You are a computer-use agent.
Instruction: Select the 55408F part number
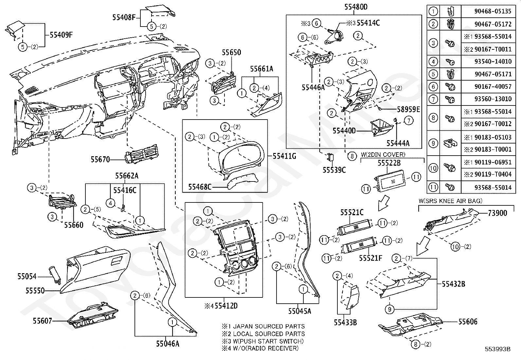pyautogui.click(x=124, y=17)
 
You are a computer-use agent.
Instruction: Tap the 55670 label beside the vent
pyautogui.click(x=100, y=160)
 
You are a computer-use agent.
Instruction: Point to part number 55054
pyautogui.click(x=27, y=276)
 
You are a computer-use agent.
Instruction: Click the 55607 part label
pyautogui.click(x=42, y=321)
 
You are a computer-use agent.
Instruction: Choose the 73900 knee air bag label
pyautogui.click(x=497, y=213)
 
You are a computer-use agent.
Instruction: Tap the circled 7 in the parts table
pyautogui.click(x=433, y=99)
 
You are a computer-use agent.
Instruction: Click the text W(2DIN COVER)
pyautogui.click(x=383, y=154)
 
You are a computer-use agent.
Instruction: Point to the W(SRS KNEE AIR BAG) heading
pyautogui.click(x=450, y=201)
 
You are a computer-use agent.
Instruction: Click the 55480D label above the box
pyautogui.click(x=356, y=7)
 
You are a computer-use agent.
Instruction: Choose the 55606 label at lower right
pyautogui.click(x=468, y=322)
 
